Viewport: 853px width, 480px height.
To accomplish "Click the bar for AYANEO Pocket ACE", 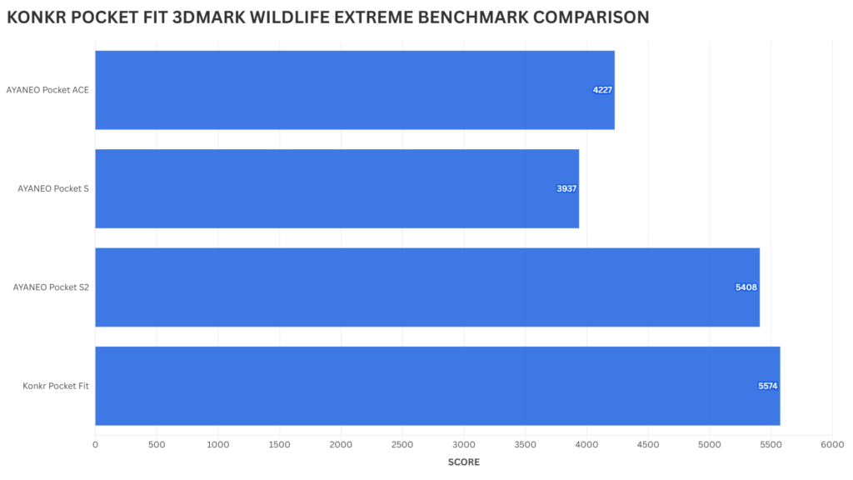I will [354, 90].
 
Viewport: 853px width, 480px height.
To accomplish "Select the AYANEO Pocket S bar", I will [337, 188].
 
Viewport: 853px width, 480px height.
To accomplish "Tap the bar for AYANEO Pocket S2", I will [426, 287].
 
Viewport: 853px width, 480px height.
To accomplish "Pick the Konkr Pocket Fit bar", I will [437, 386].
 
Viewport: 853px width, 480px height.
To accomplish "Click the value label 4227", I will [603, 90].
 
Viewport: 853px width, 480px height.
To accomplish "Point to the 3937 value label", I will [566, 188].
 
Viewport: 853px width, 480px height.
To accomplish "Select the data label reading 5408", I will [746, 287].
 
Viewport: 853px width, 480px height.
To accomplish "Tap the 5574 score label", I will [767, 386].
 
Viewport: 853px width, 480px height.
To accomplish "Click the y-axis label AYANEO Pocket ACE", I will [47, 90].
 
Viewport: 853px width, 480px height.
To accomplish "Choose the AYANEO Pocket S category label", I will [53, 188].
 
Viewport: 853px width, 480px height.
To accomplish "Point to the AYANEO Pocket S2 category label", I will [51, 287].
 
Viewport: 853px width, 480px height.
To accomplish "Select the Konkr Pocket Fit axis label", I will [56, 386].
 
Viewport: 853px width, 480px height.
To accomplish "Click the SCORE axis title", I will [463, 462].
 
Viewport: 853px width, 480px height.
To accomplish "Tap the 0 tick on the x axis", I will [95, 445].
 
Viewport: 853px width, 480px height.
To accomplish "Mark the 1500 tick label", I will [279, 445].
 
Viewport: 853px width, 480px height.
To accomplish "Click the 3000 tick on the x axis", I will [464, 445].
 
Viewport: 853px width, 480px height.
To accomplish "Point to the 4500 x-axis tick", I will [648, 445].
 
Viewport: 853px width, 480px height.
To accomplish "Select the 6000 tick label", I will [832, 445].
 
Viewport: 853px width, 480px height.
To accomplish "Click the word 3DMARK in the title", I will [227, 17].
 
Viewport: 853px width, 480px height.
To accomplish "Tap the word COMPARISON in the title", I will [588, 17].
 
